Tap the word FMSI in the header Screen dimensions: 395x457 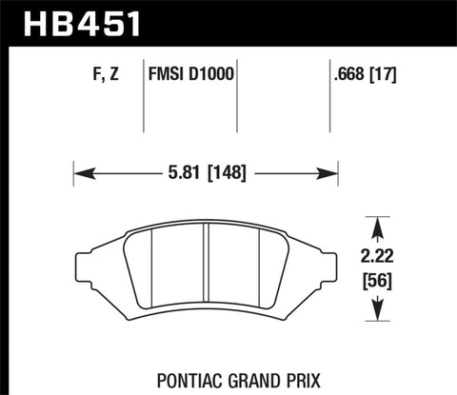[x=169, y=71]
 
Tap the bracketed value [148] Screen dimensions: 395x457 [x=227, y=174]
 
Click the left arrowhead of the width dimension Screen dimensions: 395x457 [x=80, y=174]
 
